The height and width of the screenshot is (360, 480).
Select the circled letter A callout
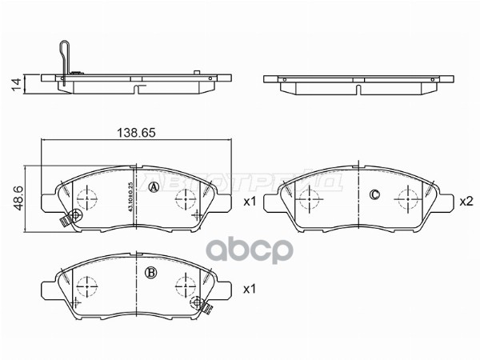point(154,187)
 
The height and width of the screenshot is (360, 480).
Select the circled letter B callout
point(150,272)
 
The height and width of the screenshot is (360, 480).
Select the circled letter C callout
point(374,195)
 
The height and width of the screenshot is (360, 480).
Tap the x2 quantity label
point(466,202)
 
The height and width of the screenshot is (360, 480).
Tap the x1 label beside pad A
point(248,202)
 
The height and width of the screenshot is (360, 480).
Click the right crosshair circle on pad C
point(408,196)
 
